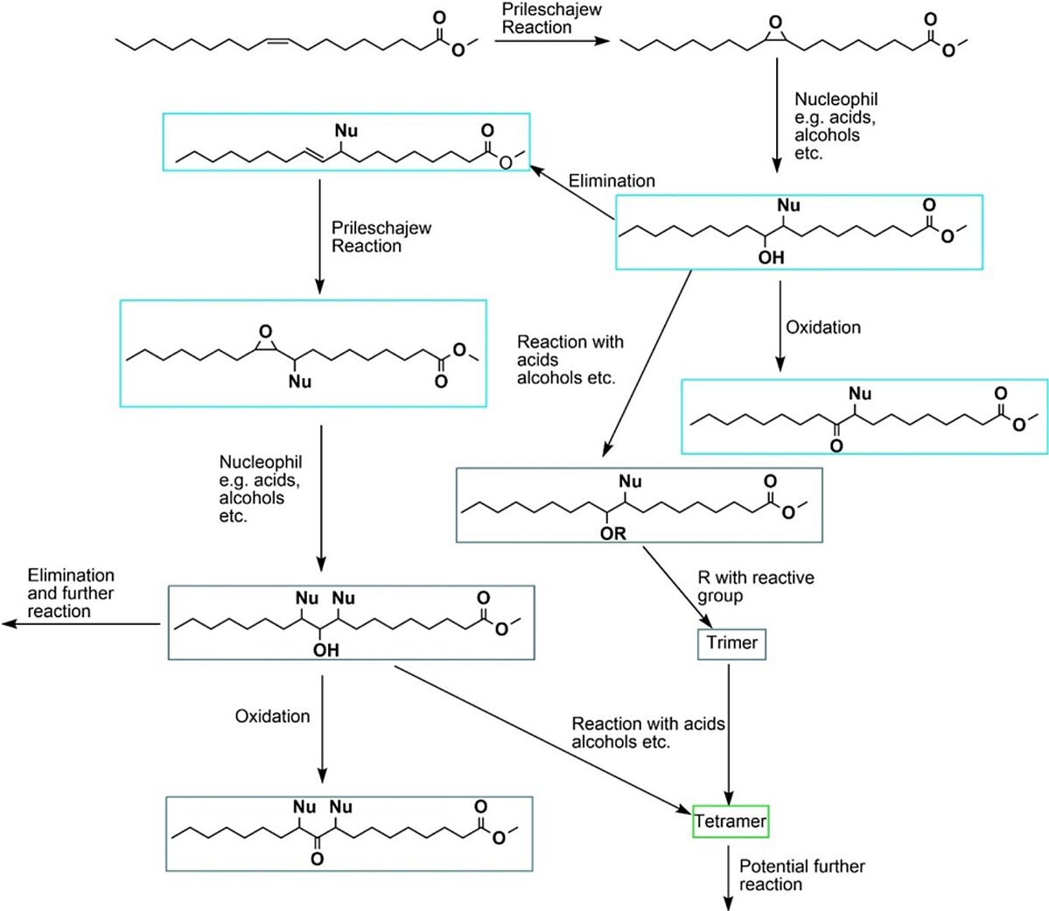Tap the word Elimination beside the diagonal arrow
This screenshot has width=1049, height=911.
pyautogui.click(x=612, y=181)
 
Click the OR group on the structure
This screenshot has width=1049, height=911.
pyautogui.click(x=612, y=534)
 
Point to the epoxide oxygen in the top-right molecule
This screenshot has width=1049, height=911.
pyautogui.click(x=775, y=23)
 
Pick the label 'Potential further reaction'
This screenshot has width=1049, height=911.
pyautogui.click(x=801, y=875)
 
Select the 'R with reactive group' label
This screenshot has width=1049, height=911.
pyautogui.click(x=756, y=587)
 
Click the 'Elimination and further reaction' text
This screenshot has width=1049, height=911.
pyautogui.click(x=70, y=593)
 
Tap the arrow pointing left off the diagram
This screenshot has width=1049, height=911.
pyautogui.click(x=81, y=625)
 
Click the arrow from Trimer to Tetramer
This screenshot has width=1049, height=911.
pyautogui.click(x=729, y=733)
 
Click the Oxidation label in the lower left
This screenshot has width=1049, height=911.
pyautogui.click(x=272, y=716)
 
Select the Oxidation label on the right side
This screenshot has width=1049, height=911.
pyautogui.click(x=823, y=327)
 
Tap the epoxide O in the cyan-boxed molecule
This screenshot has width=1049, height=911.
pyautogui.click(x=266, y=332)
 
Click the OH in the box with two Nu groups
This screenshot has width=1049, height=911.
pyautogui.click(x=325, y=650)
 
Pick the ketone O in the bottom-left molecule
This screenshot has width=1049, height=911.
pyautogui.click(x=317, y=858)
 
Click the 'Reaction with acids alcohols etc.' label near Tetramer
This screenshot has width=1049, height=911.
pyautogui.click(x=647, y=733)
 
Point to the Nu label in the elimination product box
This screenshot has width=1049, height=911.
pyautogui.click(x=346, y=130)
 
